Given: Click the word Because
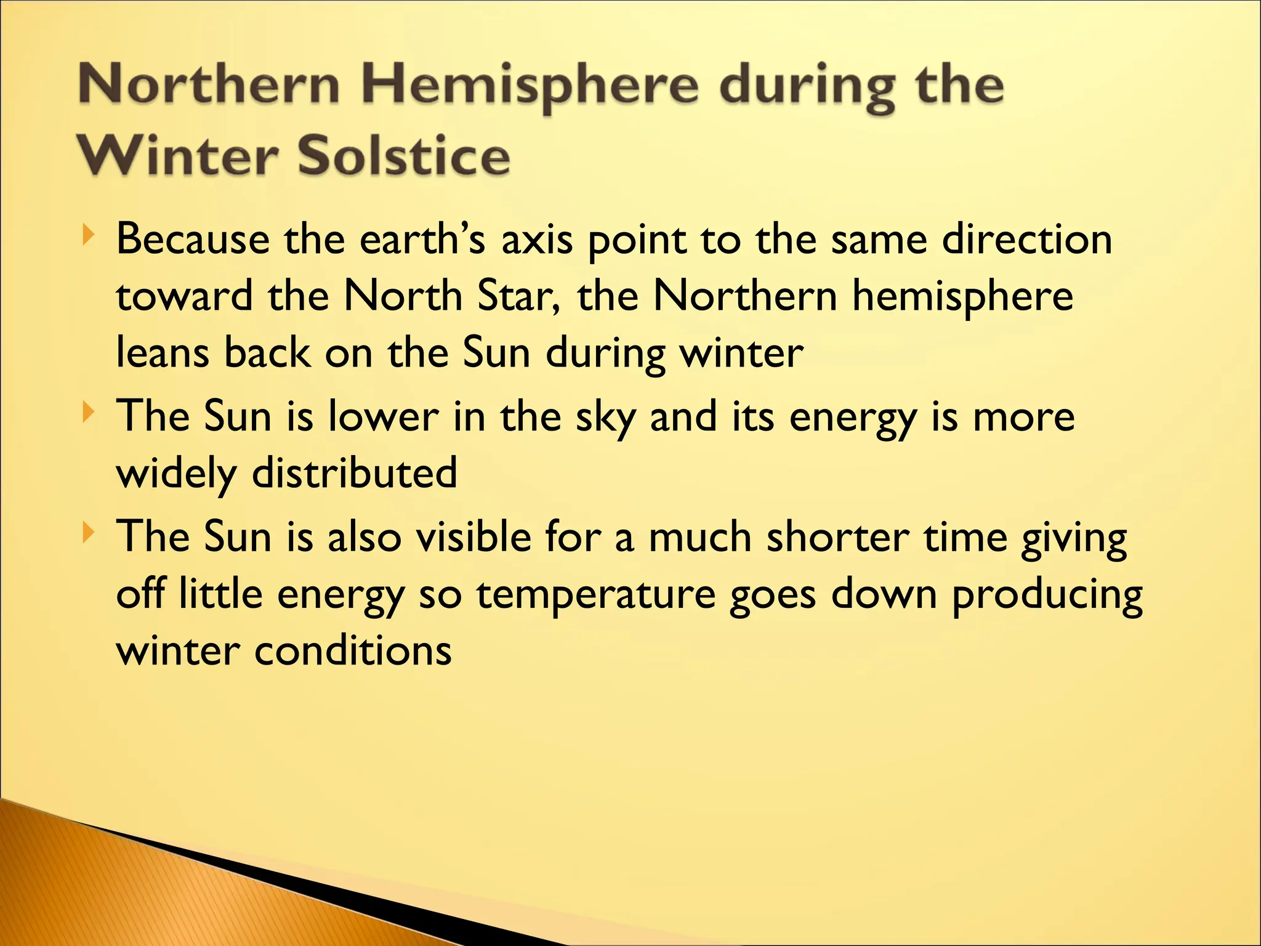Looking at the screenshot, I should click(193, 240).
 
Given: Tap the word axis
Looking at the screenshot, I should click(537, 240).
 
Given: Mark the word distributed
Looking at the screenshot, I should click(355, 473).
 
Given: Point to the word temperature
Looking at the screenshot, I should click(596, 595).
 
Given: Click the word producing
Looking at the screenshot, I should click(1047, 595).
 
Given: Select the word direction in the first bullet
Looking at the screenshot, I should click(1027, 240).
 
